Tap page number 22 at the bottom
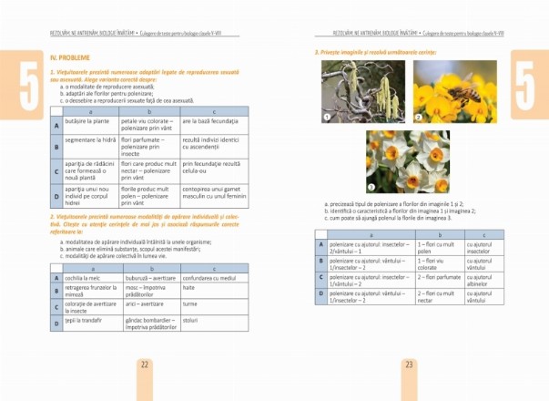click(x=144, y=365)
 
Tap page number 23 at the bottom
click(x=408, y=365)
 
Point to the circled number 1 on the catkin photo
click(x=328, y=118)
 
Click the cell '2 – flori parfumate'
click(x=439, y=276)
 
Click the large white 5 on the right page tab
click(x=531, y=79)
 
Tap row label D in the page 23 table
click(x=320, y=294)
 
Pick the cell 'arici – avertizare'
click(x=147, y=303)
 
